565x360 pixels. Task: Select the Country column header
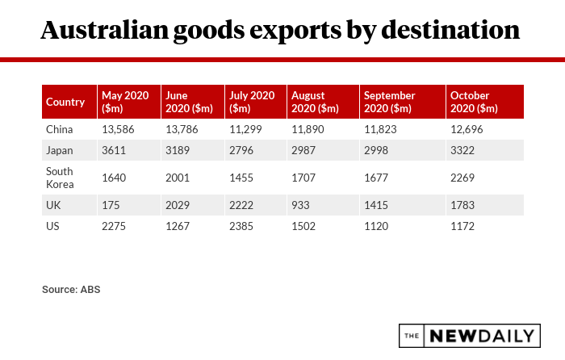click(65, 102)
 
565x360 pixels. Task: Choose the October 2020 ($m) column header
click(475, 102)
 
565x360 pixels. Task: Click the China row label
click(60, 129)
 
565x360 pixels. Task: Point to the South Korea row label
click(60, 178)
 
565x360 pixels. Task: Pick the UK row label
click(54, 205)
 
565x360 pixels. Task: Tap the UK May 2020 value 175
click(111, 205)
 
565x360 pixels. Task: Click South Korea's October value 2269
click(463, 178)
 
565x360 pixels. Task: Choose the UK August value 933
click(300, 205)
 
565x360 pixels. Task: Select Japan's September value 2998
click(378, 150)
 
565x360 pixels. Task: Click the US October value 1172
click(462, 227)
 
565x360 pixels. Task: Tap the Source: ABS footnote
click(71, 288)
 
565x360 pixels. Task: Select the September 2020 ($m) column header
click(390, 102)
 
